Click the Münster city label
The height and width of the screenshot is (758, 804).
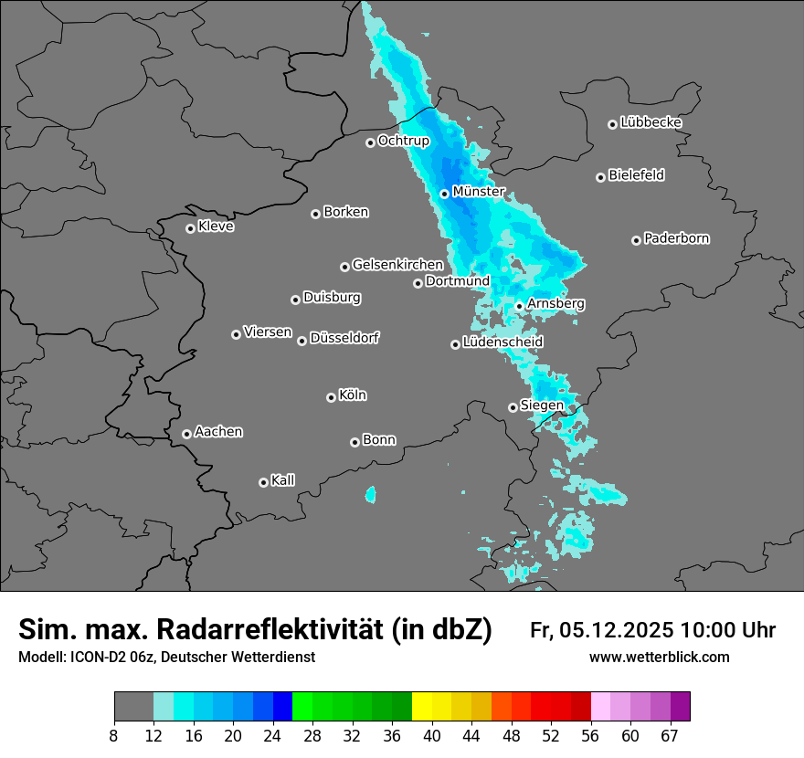tap(479, 193)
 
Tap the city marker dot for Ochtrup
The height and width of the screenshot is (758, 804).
tap(370, 142)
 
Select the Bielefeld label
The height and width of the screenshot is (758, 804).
tap(636, 175)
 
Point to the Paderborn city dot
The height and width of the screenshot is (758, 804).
tap(636, 240)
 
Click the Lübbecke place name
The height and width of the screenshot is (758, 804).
tap(651, 122)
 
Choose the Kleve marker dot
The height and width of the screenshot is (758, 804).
tap(190, 228)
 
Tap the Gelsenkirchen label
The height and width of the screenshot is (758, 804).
tap(397, 265)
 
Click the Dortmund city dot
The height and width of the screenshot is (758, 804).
tap(418, 283)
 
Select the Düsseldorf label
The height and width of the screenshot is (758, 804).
tap(344, 338)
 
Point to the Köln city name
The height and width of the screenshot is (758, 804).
tap(353, 395)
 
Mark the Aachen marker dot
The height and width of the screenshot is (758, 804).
tap(186, 434)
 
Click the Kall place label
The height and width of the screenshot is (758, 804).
tap(282, 480)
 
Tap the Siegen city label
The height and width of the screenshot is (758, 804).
tap(542, 405)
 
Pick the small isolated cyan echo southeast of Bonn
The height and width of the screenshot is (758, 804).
tap(370, 495)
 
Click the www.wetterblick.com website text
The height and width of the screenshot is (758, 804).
tap(659, 658)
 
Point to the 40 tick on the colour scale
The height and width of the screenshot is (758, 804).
tap(432, 735)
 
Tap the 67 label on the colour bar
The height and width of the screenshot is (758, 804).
tap(670, 735)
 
